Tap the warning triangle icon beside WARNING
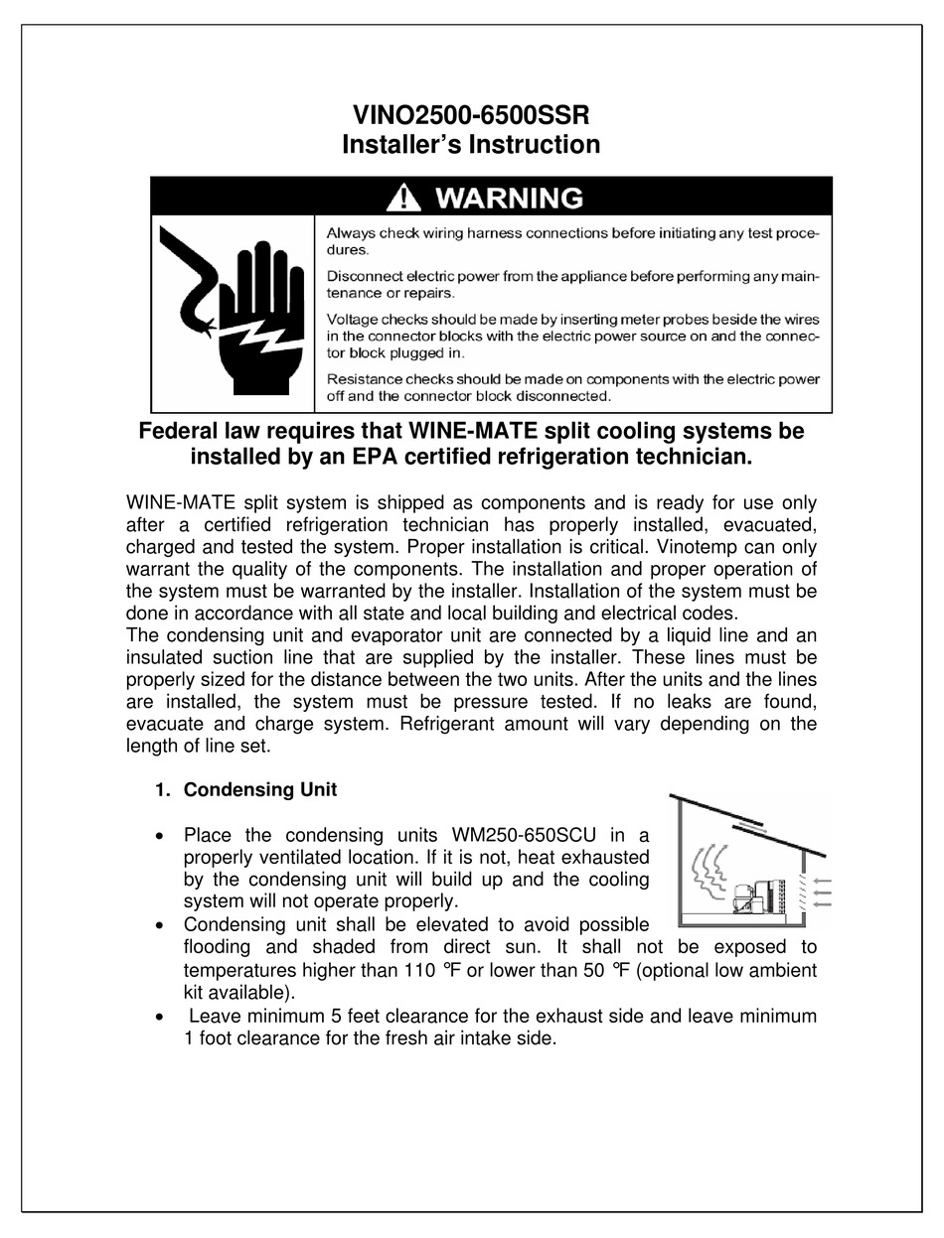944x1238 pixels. [402, 198]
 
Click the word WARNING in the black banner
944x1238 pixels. [509, 198]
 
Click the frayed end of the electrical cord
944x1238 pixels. [207, 325]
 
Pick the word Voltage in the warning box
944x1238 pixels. [351, 319]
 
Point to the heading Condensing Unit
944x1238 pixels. [259, 790]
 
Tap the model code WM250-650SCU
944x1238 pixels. [524, 835]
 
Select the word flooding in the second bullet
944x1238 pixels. [221, 947]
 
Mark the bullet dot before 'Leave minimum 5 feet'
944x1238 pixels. [161, 1018]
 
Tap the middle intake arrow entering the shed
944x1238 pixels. [822, 893]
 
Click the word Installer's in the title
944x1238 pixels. [401, 145]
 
